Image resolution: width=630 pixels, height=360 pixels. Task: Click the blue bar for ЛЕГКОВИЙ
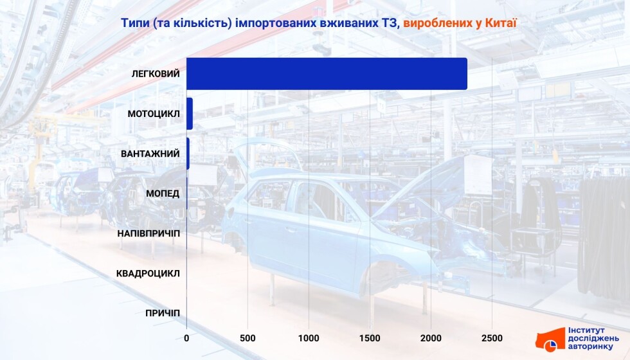pyautogui.click(x=327, y=73)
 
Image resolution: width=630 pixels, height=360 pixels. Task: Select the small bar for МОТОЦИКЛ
pyautogui.click(x=190, y=114)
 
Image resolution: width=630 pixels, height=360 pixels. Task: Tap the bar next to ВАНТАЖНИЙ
pyautogui.click(x=188, y=154)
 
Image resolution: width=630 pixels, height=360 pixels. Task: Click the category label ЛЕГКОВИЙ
pyautogui.click(x=156, y=74)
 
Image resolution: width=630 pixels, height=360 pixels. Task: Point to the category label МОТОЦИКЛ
pyautogui.click(x=154, y=114)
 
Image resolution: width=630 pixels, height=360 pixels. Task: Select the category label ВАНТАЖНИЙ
pyautogui.click(x=150, y=154)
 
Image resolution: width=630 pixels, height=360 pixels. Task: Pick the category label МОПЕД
pyautogui.click(x=163, y=194)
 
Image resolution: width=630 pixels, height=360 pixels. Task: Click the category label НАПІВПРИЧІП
pyautogui.click(x=148, y=233)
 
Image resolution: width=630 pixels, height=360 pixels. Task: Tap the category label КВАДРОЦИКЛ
pyautogui.click(x=148, y=274)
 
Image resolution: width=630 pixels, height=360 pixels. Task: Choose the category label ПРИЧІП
pyautogui.click(x=163, y=314)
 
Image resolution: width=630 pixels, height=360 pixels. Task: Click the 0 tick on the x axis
pyautogui.click(x=186, y=338)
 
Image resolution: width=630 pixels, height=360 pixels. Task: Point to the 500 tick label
pyautogui.click(x=248, y=338)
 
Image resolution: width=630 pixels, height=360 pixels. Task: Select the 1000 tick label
pyautogui.click(x=309, y=338)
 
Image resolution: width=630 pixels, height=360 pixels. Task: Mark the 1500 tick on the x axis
pyautogui.click(x=370, y=338)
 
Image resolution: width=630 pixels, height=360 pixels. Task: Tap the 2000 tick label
pyautogui.click(x=431, y=338)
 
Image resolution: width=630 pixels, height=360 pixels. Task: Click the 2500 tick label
pyautogui.click(x=492, y=338)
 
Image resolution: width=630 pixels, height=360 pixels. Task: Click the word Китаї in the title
pyautogui.click(x=501, y=23)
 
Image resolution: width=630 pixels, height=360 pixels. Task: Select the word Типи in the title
pyautogui.click(x=135, y=23)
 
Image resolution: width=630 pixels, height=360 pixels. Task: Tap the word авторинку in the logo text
pyautogui.click(x=591, y=346)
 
